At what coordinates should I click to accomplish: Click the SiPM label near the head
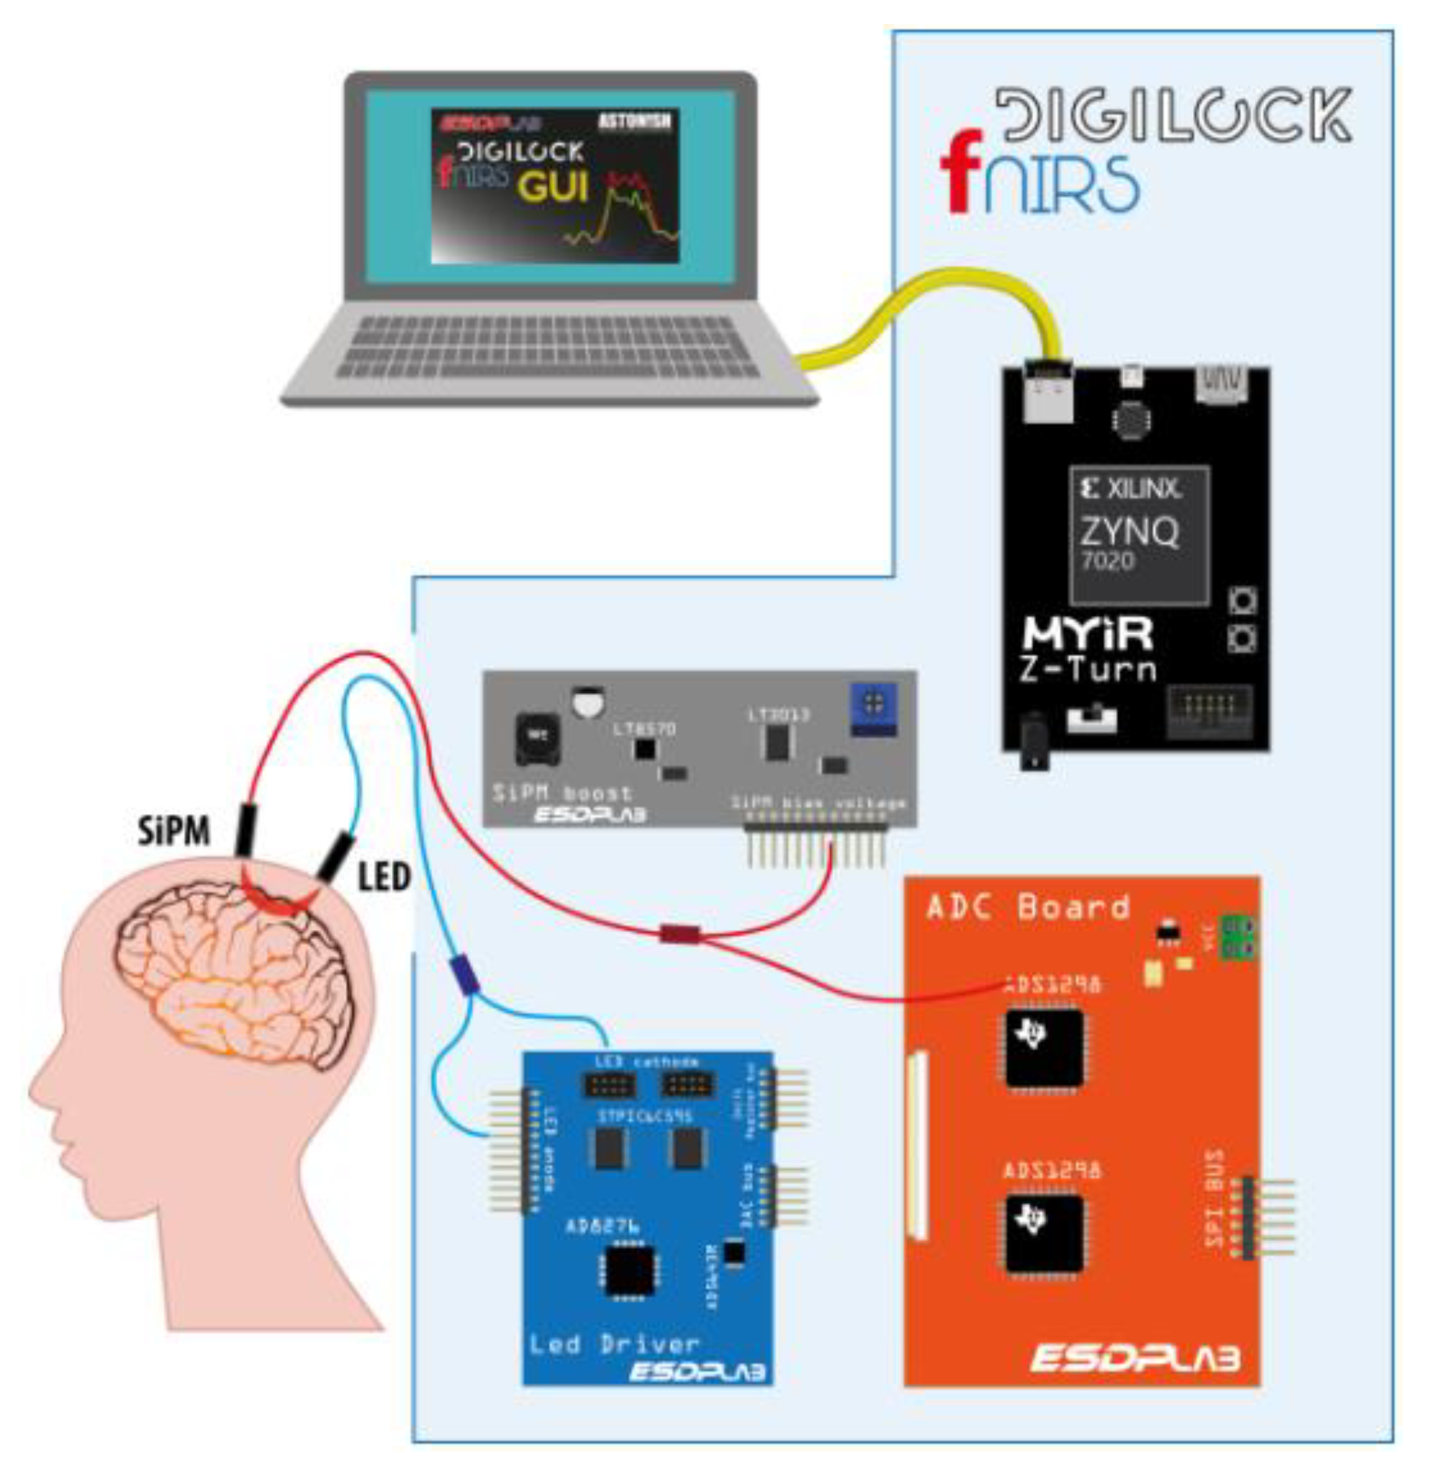click(x=173, y=831)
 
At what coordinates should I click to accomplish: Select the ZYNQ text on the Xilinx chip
click(x=1128, y=532)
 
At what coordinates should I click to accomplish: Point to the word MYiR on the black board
click(x=1087, y=634)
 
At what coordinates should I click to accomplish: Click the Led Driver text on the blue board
click(x=614, y=1344)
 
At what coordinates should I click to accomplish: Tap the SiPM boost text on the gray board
click(x=562, y=793)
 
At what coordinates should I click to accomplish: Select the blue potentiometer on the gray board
click(x=873, y=708)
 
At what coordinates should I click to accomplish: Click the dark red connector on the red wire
click(x=679, y=934)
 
